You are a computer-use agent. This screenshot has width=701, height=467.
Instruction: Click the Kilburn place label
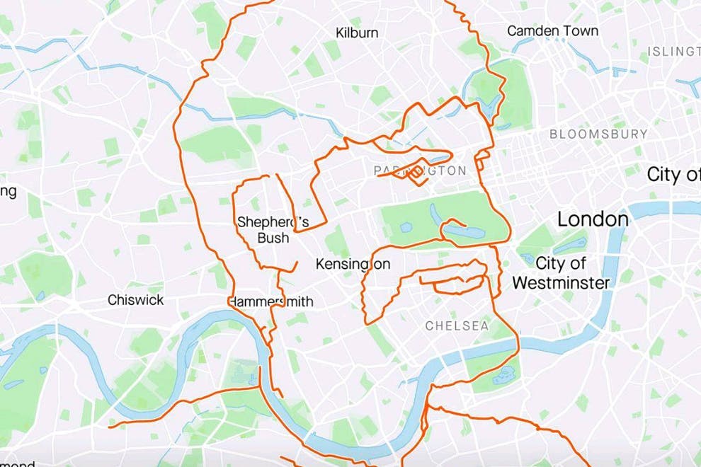tap(357, 33)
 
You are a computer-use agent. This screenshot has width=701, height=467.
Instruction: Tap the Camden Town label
tap(552, 30)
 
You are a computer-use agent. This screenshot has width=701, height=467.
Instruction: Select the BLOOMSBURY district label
tap(598, 134)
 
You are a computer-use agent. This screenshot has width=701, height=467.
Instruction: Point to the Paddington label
tap(420, 171)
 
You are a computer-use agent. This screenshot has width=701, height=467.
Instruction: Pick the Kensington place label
tap(353, 265)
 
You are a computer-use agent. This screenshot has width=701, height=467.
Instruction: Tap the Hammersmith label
tap(270, 301)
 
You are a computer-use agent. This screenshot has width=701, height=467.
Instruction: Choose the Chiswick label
tap(135, 300)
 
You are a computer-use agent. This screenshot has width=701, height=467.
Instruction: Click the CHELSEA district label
tap(457, 326)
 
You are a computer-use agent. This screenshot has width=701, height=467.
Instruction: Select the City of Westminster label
tap(561, 273)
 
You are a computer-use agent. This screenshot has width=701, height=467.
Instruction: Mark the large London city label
tap(593, 219)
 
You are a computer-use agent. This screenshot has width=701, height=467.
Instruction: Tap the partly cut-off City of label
tap(673, 175)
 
